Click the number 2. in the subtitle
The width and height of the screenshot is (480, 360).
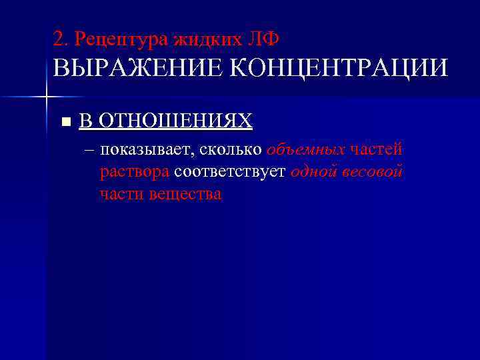[61, 40]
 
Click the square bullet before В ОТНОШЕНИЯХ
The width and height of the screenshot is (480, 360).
[65, 122]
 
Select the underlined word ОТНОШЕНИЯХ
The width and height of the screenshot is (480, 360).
[175, 121]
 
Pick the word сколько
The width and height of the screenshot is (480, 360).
[229, 150]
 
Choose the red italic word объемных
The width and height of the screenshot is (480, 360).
[306, 150]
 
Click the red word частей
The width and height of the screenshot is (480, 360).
[376, 150]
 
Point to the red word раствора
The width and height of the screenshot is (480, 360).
[135, 173]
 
